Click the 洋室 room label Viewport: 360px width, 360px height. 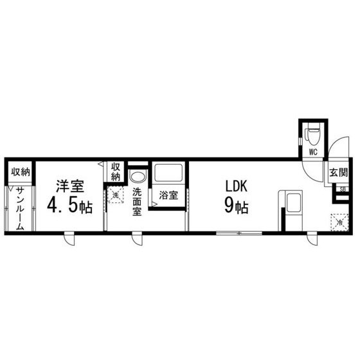point(69,186)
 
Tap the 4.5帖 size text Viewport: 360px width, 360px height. point(69,207)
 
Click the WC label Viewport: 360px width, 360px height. point(313,152)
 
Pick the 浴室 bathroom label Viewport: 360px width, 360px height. point(168,195)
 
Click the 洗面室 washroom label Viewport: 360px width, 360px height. point(138,201)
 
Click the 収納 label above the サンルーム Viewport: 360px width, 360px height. point(20,172)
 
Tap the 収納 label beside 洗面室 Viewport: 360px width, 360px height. point(116,172)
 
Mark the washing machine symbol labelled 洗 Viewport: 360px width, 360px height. point(116,194)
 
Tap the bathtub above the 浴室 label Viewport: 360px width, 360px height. point(168,174)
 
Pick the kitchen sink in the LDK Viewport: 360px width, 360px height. point(292,203)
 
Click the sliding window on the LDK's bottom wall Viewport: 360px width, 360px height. point(239,232)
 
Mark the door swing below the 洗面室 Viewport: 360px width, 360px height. point(138,239)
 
